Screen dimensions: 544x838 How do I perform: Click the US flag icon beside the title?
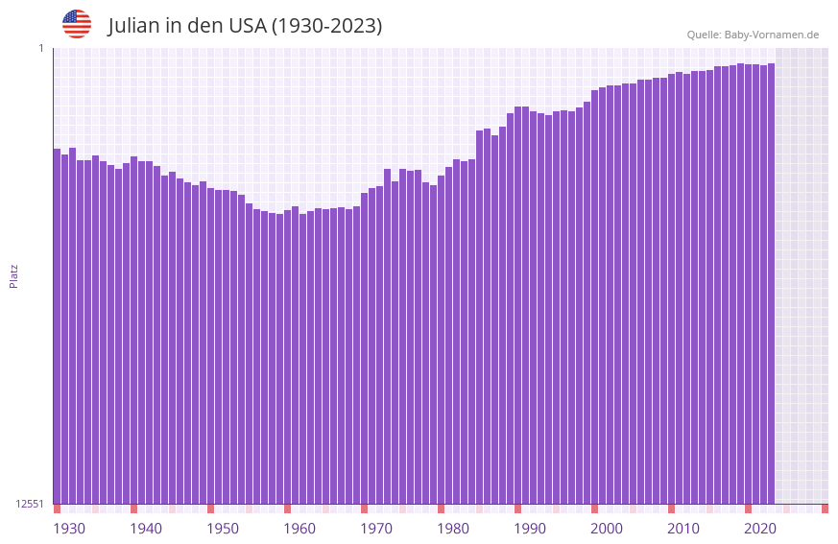point(77,24)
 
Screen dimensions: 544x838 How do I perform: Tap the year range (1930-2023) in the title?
point(326,26)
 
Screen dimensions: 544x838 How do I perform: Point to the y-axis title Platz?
point(13,275)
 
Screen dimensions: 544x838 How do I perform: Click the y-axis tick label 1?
point(40,48)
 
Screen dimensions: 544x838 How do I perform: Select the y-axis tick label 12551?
point(29,504)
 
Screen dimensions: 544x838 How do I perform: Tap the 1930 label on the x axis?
point(69,529)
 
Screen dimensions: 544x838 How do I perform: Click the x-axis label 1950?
point(223,529)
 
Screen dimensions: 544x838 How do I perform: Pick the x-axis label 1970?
point(376,529)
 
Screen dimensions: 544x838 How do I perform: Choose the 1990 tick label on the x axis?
point(530,529)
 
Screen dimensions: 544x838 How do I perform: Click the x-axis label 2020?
point(760,529)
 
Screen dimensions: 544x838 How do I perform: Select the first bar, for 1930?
point(58,326)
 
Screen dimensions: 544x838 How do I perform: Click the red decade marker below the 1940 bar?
point(134,509)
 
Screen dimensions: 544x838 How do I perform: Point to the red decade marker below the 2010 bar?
point(672,509)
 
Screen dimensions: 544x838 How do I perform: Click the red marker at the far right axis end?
point(825,509)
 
